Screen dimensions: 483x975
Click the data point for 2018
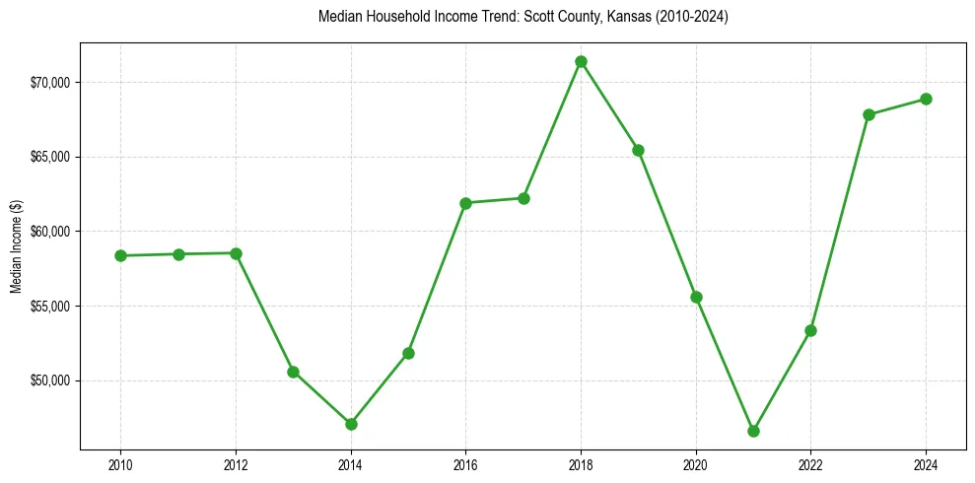tap(581, 61)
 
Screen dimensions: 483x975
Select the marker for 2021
tap(753, 431)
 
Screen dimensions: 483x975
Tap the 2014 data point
tap(351, 424)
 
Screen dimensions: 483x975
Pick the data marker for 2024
tap(926, 99)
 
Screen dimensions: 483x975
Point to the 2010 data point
tap(120, 255)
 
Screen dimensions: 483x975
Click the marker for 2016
tap(465, 203)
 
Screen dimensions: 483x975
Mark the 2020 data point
tap(696, 297)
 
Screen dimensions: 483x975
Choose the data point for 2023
tap(869, 114)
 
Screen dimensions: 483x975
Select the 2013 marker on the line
tap(293, 372)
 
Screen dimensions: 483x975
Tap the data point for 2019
tap(638, 150)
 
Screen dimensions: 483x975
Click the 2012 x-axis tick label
tap(236, 462)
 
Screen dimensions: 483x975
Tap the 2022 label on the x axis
tap(810, 462)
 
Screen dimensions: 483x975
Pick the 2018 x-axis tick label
tap(581, 462)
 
